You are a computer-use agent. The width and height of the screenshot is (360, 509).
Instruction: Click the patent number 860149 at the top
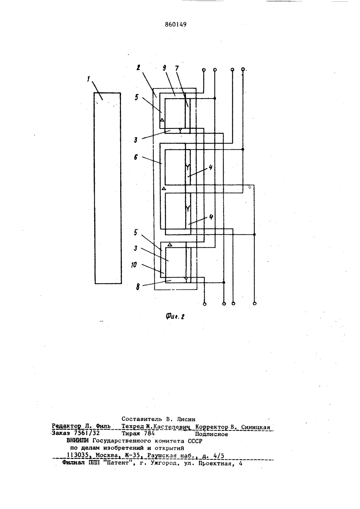pyautogui.click(x=175, y=24)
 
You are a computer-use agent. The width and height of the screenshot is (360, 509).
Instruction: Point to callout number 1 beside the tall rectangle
pyautogui.click(x=88, y=79)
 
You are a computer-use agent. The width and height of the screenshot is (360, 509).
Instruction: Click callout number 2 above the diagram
pyautogui.click(x=138, y=67)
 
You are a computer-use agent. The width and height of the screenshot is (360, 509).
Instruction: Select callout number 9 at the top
pyautogui.click(x=165, y=68)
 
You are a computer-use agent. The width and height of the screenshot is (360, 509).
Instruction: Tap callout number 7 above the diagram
pyautogui.click(x=177, y=68)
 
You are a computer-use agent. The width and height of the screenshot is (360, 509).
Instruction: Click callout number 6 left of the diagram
pyautogui.click(x=136, y=157)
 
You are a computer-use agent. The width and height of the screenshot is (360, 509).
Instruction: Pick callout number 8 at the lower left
pyautogui.click(x=138, y=287)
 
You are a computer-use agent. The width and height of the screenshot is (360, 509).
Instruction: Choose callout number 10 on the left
pyautogui.click(x=134, y=265)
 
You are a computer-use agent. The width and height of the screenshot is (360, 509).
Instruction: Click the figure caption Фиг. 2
pyautogui.click(x=175, y=316)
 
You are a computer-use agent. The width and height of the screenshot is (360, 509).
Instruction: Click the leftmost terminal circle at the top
pyautogui.click(x=204, y=70)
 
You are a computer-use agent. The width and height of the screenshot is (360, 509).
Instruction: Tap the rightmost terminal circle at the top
pyautogui.click(x=243, y=69)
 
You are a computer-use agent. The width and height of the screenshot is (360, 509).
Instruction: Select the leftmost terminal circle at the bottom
pyautogui.click(x=204, y=304)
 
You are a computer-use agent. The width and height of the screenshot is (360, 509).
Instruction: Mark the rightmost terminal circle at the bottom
pyautogui.click(x=255, y=303)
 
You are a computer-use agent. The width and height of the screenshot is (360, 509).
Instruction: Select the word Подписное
pyautogui.click(x=211, y=434)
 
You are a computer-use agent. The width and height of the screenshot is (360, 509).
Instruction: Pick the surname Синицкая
pyautogui.click(x=256, y=427)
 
